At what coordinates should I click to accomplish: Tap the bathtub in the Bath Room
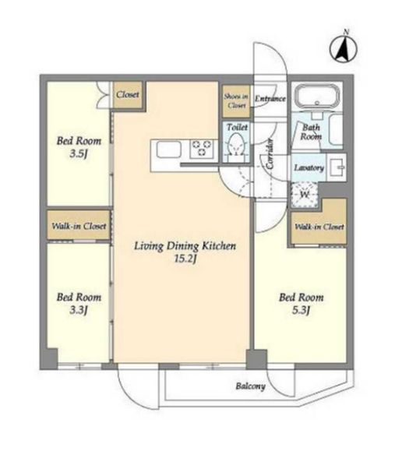[318, 97]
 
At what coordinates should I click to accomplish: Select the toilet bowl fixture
[237, 145]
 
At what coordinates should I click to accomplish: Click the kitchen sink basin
[169, 150]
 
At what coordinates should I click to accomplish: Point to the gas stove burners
[202, 148]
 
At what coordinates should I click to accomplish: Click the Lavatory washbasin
[337, 167]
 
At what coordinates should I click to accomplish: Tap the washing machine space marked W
[305, 195]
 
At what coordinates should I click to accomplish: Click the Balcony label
[251, 386]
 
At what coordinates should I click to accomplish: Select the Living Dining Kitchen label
[185, 246]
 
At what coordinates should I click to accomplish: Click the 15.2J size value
[185, 259]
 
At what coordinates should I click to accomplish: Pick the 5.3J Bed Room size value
[301, 310]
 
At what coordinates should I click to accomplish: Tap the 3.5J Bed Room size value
[78, 154]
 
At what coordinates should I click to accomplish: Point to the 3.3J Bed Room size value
[78, 310]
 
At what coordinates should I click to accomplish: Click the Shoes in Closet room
[236, 101]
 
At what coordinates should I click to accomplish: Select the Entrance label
[270, 99]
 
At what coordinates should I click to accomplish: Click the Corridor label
[270, 153]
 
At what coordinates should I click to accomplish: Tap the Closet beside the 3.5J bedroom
[128, 94]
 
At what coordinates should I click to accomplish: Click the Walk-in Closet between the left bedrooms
[79, 226]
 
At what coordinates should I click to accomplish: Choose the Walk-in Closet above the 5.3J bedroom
[319, 227]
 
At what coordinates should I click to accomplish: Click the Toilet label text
[237, 127]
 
